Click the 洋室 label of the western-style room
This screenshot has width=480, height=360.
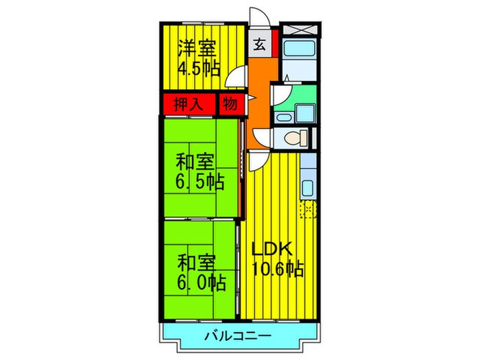click(197, 48)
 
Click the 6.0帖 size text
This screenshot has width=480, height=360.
click(200, 281)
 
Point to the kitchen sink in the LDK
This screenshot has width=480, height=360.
click(308, 187)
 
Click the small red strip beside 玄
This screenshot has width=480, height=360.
click(275, 42)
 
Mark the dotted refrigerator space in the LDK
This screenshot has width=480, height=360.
click(308, 209)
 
